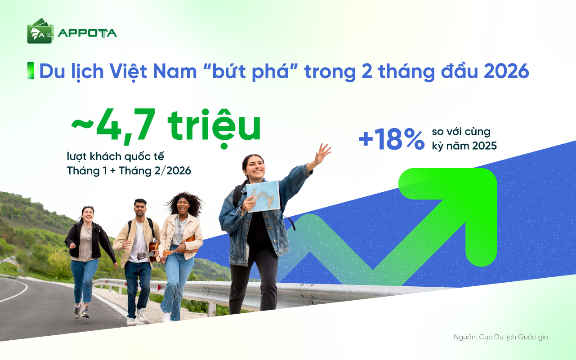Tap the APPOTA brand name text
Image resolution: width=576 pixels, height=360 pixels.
pyautogui.click(x=87, y=33)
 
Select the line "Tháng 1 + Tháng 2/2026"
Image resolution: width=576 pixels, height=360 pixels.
pyautogui.click(x=129, y=171)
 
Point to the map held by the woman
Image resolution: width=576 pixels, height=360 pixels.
pyautogui.click(x=263, y=196)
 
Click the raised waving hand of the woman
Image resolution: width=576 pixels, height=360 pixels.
pyautogui.click(x=322, y=154)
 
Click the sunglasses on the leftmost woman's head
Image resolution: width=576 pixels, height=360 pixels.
pyautogui.click(x=88, y=208)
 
